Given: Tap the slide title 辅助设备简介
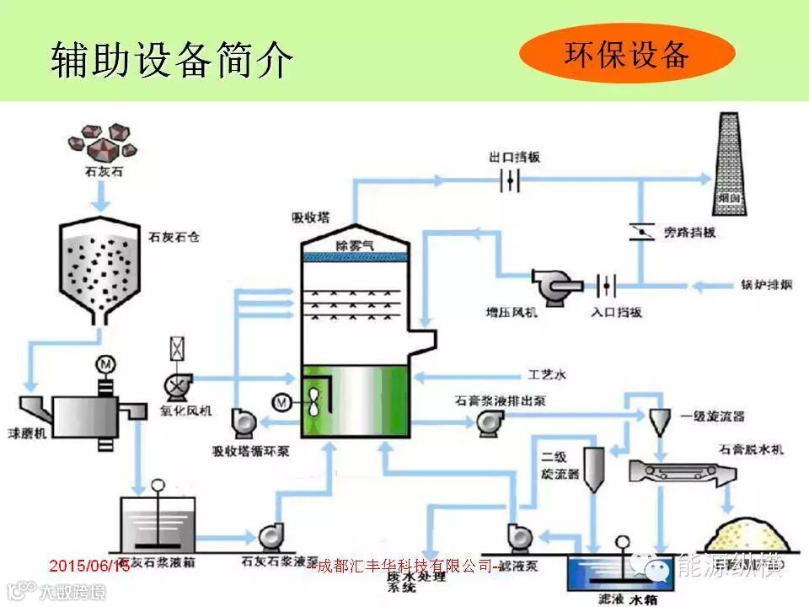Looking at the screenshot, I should pos(172,59).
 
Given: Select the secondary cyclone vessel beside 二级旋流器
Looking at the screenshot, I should pos(596,469).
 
